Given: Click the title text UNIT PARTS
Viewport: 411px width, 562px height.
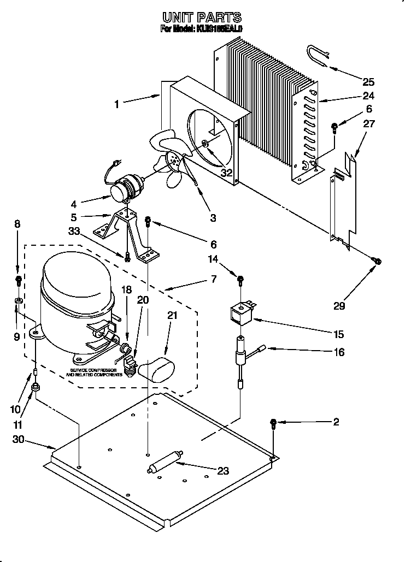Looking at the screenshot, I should click(x=202, y=19).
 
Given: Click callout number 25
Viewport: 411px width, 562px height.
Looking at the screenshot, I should click(x=369, y=82).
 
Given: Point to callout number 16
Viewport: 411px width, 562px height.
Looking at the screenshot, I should click(x=339, y=352).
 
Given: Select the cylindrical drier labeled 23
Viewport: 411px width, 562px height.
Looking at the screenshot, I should click(x=165, y=462).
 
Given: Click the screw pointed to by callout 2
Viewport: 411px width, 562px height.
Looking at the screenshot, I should click(x=273, y=423).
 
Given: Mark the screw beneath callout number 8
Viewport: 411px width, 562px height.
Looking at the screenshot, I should click(x=17, y=281).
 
